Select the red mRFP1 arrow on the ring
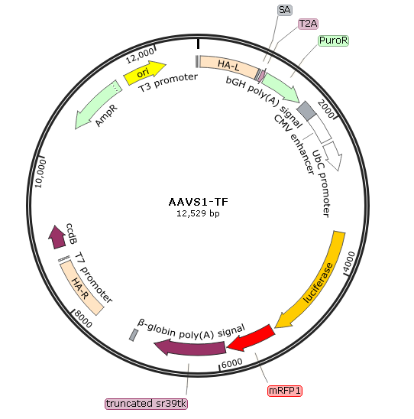(251, 339)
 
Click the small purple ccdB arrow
(57, 237)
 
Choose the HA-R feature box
(81, 288)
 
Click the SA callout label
(285, 10)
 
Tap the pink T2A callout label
(308, 24)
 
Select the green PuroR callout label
(333, 41)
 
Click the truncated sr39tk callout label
(146, 404)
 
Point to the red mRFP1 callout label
(285, 391)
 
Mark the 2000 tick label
(326, 109)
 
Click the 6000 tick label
(232, 363)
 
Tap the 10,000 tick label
(40, 174)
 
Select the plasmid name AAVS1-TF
(199, 202)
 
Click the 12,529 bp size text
(198, 213)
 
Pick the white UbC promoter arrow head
(332, 156)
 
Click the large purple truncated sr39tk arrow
(190, 347)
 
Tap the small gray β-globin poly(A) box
(134, 335)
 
